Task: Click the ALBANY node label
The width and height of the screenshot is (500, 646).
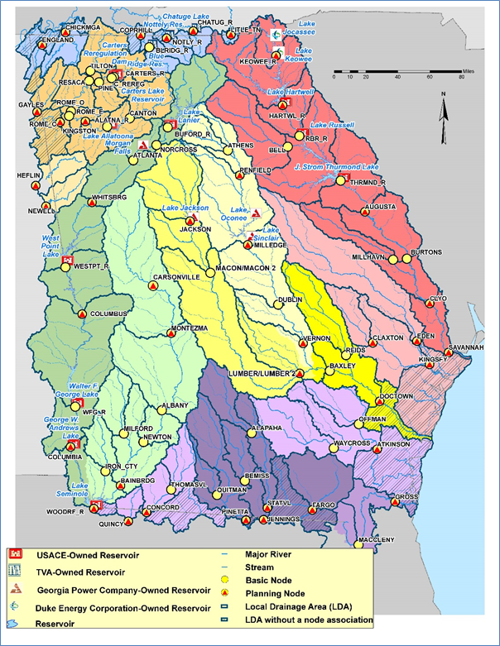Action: tap(175, 405)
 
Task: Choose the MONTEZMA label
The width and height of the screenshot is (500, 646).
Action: tap(187, 328)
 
